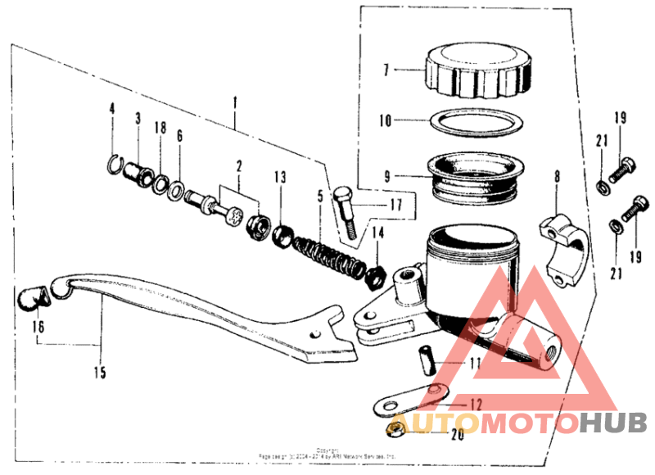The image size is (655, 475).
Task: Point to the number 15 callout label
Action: (99, 373)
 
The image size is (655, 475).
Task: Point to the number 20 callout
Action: (455, 435)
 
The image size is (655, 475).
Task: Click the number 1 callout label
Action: (235, 103)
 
